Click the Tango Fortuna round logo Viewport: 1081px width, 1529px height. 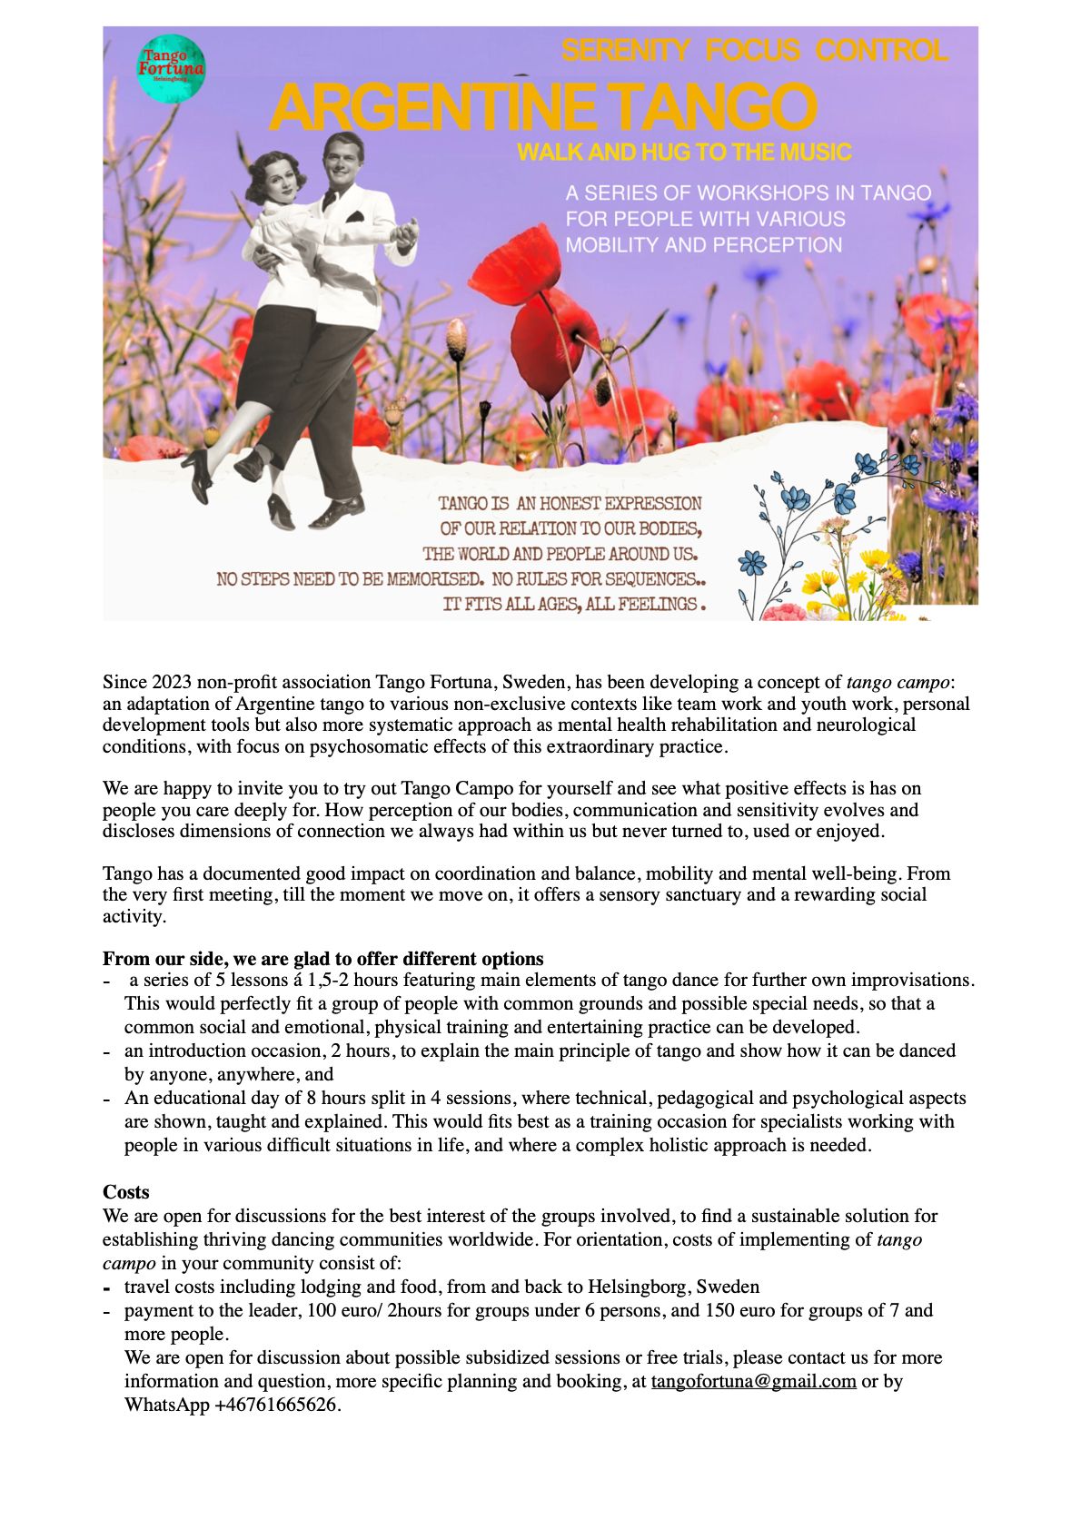[x=171, y=68]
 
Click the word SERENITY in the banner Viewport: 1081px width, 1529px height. [x=625, y=50]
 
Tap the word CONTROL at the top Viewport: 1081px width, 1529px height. [x=881, y=50]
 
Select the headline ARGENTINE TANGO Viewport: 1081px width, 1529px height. [x=542, y=107]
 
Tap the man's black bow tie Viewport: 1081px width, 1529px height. [x=329, y=200]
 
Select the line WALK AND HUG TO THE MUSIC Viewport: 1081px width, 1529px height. [x=684, y=152]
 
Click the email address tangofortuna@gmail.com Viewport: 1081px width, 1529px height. [x=753, y=1381]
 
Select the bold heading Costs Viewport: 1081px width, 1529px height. [x=125, y=1192]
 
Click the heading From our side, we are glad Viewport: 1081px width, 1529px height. [x=322, y=959]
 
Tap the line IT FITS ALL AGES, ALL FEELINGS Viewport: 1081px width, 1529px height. [x=573, y=604]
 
